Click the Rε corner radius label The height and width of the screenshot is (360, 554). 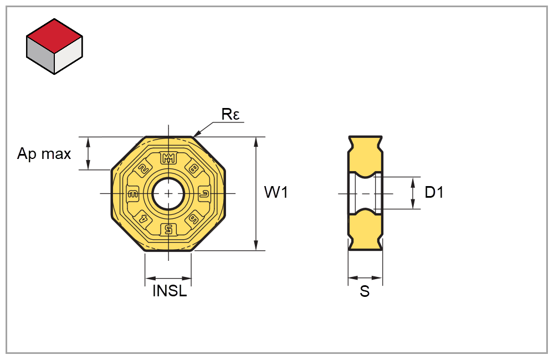click(x=230, y=115)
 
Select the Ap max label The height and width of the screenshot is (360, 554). click(x=44, y=153)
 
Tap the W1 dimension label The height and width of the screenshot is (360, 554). click(x=276, y=193)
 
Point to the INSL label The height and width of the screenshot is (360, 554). click(x=170, y=291)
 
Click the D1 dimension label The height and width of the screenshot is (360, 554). click(x=434, y=193)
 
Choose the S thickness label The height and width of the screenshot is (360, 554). click(x=365, y=292)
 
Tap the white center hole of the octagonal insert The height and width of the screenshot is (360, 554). click(x=168, y=193)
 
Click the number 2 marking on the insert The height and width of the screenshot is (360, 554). click(x=143, y=169)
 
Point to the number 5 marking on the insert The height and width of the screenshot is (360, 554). click(x=168, y=229)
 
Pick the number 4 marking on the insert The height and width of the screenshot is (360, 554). click(x=143, y=218)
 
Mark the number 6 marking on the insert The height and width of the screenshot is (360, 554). click(x=194, y=218)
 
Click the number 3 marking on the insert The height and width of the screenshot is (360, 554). click(x=133, y=193)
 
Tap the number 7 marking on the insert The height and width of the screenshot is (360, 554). click(x=204, y=193)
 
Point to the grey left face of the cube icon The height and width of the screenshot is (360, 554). click(x=40, y=55)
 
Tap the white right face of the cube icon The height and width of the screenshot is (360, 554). click(x=69, y=55)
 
